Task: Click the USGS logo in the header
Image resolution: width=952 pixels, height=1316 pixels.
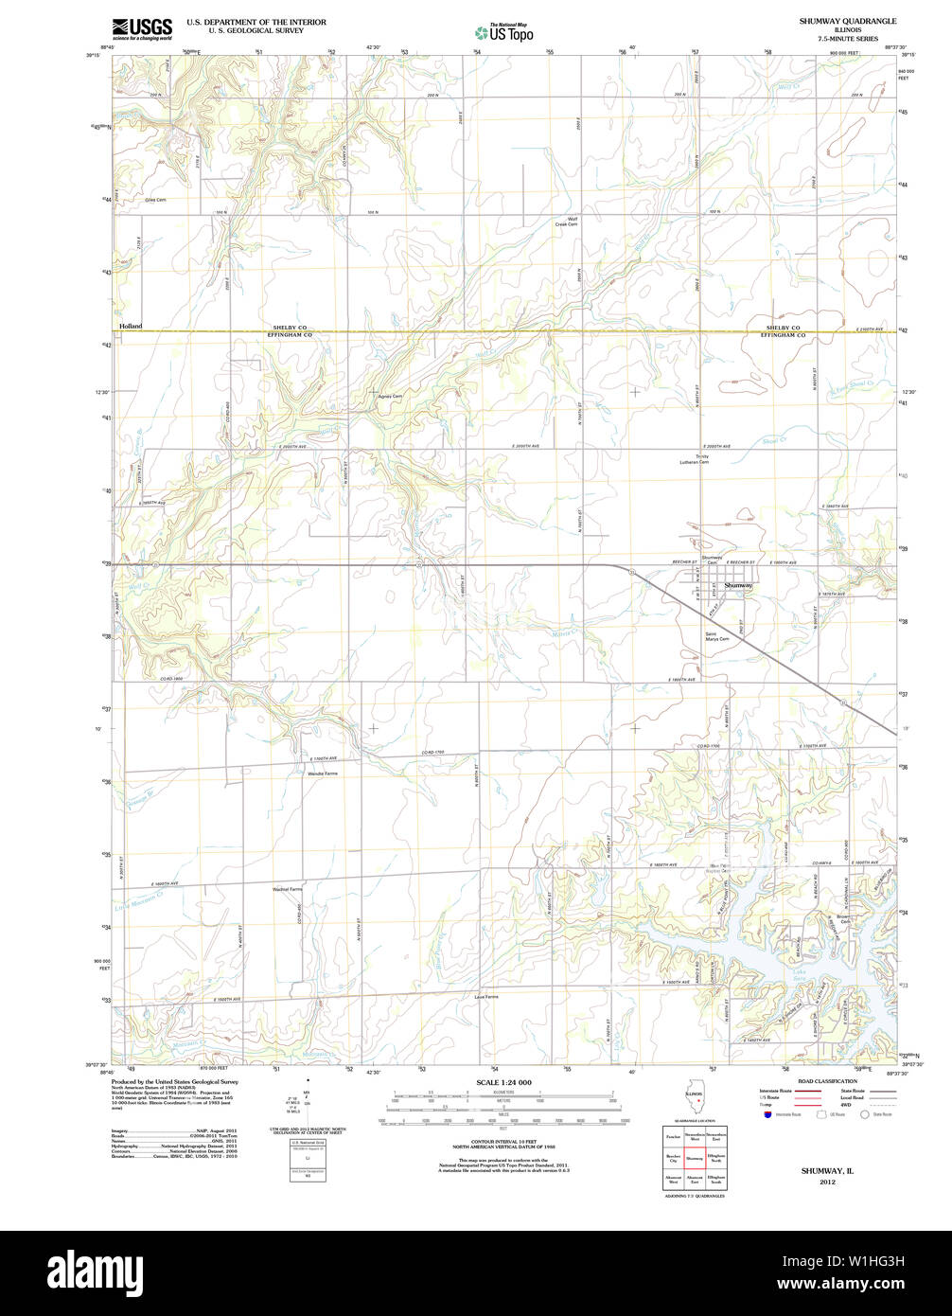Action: point(142,27)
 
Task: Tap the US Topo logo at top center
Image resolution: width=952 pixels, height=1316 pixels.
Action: point(503,32)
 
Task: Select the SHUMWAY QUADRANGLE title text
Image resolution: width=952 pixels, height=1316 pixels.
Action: point(847,21)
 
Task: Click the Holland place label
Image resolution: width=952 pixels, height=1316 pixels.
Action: point(131,326)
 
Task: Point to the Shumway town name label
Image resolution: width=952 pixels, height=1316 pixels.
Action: point(738,586)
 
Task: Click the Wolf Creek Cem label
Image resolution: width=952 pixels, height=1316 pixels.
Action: point(566,222)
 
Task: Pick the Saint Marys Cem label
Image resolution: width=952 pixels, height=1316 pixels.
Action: point(716,637)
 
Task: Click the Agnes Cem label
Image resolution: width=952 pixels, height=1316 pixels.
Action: point(390,396)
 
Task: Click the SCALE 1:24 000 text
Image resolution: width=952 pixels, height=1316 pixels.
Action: point(503,1082)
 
